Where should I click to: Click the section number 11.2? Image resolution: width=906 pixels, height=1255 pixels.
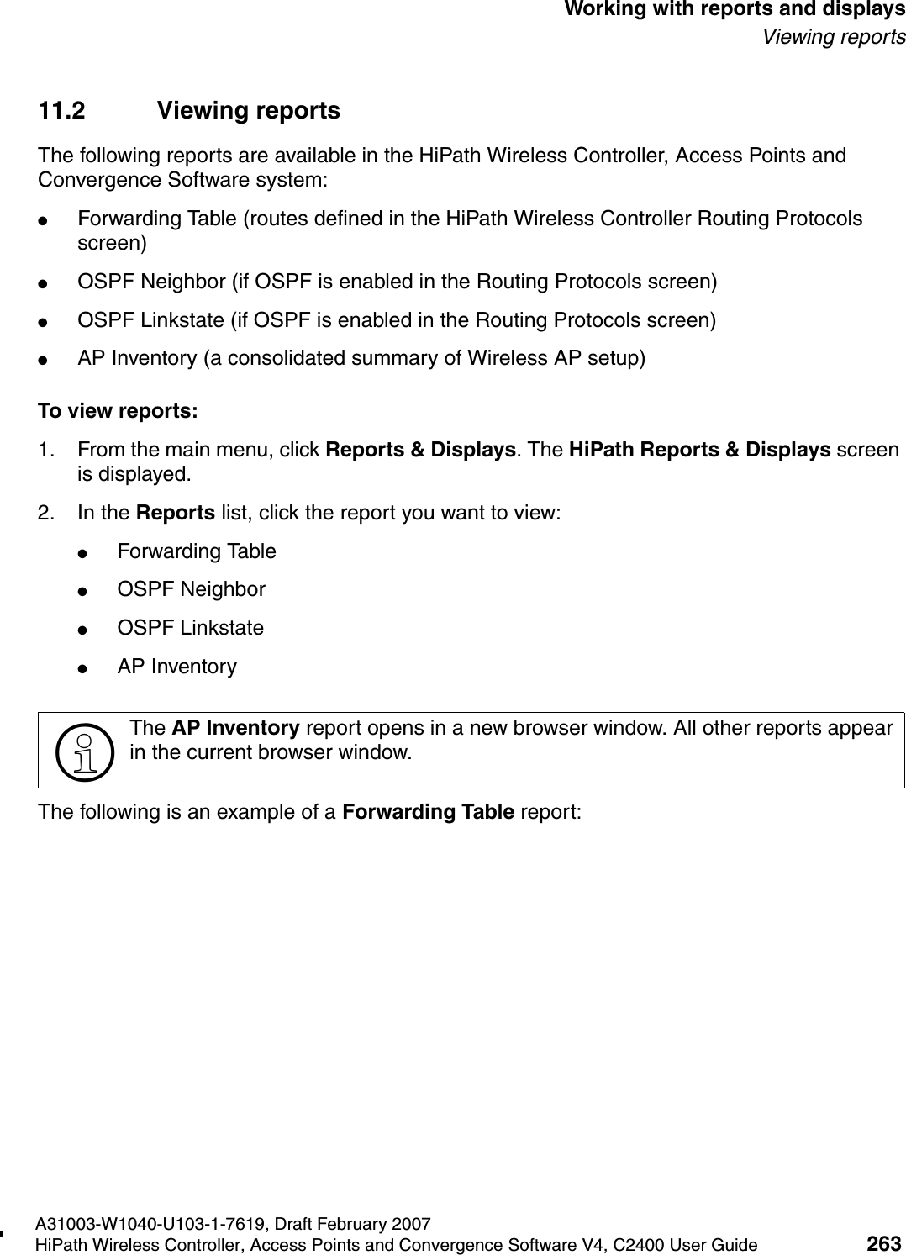pyautogui.click(x=62, y=111)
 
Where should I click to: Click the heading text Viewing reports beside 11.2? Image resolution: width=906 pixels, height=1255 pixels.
pyautogui.click(x=249, y=111)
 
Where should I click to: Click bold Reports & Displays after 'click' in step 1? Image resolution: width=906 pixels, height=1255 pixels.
pyautogui.click(x=420, y=450)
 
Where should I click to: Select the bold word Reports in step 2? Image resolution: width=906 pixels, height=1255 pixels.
pyautogui.click(x=175, y=512)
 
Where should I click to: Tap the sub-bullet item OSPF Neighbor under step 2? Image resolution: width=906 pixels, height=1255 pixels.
pyautogui.click(x=191, y=589)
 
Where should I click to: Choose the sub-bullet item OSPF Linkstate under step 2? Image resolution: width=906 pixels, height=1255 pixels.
pyautogui.click(x=190, y=628)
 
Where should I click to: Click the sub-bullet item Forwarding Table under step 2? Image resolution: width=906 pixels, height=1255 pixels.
pyautogui.click(x=197, y=551)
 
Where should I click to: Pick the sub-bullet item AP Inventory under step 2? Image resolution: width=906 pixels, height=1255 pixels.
pyautogui.click(x=176, y=667)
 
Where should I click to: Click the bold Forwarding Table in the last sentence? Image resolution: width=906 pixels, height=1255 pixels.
pyautogui.click(x=429, y=812)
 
